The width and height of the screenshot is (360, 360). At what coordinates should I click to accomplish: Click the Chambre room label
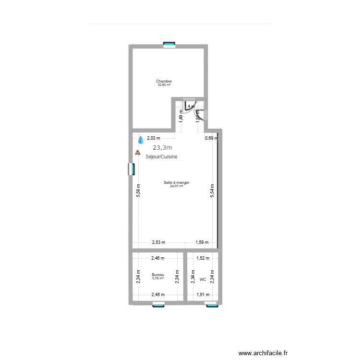164,81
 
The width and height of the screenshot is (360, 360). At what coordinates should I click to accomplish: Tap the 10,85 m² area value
164,85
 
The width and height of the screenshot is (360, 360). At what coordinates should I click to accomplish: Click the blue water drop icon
141,140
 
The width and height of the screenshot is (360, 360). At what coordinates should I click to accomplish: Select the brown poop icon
138,153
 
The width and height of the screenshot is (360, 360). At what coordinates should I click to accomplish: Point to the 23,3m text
162,148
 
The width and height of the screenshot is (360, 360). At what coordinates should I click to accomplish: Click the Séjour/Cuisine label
164,157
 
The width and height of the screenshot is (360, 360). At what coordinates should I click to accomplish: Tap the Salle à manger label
177,182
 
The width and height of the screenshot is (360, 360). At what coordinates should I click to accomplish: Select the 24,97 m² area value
177,186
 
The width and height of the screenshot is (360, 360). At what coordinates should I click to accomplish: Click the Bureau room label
158,275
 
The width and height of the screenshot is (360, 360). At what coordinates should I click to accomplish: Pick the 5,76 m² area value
158,278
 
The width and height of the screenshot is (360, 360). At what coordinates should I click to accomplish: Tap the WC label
203,279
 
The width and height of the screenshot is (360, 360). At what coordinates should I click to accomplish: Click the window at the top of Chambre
169,45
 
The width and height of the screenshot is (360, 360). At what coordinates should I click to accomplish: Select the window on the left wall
131,169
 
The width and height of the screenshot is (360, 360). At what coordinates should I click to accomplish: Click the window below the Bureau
158,304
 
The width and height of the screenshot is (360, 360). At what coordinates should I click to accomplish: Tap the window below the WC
212,304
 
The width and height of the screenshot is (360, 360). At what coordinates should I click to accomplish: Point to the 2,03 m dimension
154,138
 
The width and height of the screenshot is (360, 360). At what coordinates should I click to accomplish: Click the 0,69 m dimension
211,138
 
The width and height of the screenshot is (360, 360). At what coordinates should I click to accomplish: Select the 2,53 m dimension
158,243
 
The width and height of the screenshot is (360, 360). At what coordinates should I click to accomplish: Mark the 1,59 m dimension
203,243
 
